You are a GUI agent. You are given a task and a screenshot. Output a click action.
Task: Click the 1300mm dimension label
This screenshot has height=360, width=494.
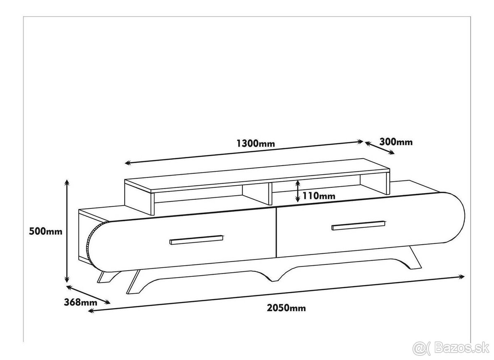[x=256, y=143]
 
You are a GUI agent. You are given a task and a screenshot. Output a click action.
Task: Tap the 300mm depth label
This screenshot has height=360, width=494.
[x=396, y=142]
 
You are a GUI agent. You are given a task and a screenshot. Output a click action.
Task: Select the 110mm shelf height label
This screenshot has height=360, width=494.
[x=319, y=196]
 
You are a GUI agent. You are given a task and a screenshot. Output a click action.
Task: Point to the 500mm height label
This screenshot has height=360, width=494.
[x=46, y=231]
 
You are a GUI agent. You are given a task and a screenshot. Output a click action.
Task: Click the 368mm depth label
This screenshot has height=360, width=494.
[x=81, y=302]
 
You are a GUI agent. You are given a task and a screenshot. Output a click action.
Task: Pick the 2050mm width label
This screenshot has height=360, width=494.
[x=286, y=308]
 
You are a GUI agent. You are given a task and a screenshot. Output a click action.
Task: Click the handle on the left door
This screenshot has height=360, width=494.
[x=196, y=240]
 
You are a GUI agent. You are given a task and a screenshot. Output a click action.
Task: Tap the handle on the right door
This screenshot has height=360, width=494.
[x=359, y=225]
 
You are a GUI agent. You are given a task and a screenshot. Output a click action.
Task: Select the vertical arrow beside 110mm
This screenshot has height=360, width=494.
[x=298, y=191]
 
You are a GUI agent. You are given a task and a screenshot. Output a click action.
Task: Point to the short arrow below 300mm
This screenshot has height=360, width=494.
[x=380, y=148]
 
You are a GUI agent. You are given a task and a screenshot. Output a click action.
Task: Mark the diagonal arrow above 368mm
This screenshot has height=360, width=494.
[x=88, y=295]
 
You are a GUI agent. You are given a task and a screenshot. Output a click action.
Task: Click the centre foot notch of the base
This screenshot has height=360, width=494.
[x=273, y=278]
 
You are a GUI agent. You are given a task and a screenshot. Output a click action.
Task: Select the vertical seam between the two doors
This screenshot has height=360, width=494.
[x=276, y=232]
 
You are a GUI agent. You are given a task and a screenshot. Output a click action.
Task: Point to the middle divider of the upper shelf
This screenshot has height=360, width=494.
[x=270, y=194]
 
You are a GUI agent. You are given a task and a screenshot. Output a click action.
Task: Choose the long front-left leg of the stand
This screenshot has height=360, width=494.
[x=133, y=282]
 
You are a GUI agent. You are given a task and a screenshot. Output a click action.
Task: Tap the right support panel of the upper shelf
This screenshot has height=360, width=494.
[x=388, y=183]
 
